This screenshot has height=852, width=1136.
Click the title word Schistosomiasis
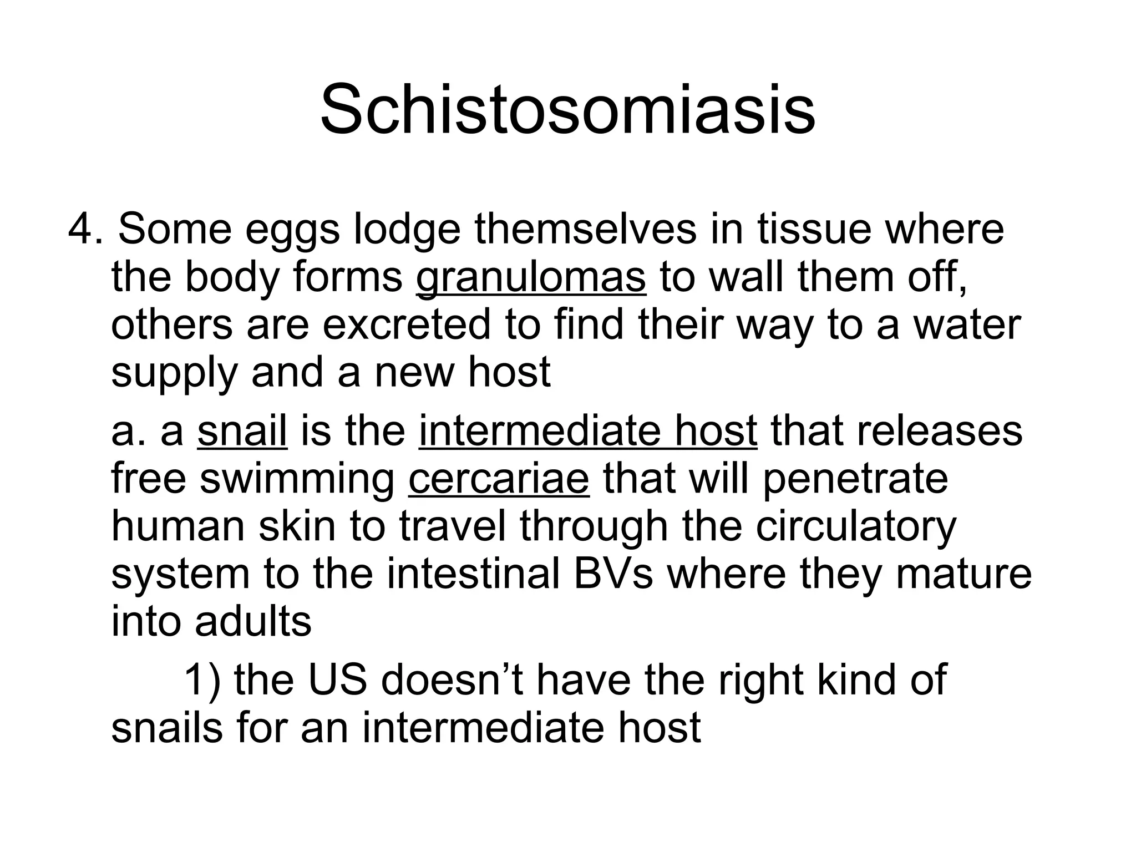click(x=567, y=110)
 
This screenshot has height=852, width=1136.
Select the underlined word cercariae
click(x=498, y=479)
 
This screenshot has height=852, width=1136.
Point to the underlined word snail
click(x=242, y=431)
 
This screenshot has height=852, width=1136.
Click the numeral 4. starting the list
click(x=85, y=229)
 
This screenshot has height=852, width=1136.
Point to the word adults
click(x=253, y=622)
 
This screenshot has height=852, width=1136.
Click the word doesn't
click(x=452, y=679)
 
